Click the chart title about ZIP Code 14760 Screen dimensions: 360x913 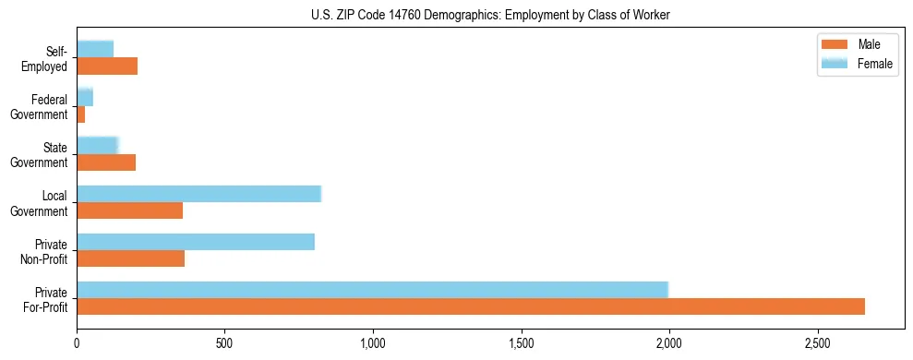(x=456, y=15)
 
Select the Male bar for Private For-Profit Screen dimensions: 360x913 (x=471, y=306)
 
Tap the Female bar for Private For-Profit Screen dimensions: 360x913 (x=372, y=290)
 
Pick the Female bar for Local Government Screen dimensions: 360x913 (x=198, y=194)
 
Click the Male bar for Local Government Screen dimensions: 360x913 (x=129, y=210)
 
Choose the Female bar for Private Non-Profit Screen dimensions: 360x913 (x=196, y=242)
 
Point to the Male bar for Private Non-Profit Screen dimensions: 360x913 (x=130, y=258)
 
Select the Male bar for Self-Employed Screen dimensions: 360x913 (x=107, y=66)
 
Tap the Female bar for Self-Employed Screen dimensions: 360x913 (x=95, y=50)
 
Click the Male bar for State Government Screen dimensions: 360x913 (x=106, y=162)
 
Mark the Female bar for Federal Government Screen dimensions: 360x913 (x=85, y=98)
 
